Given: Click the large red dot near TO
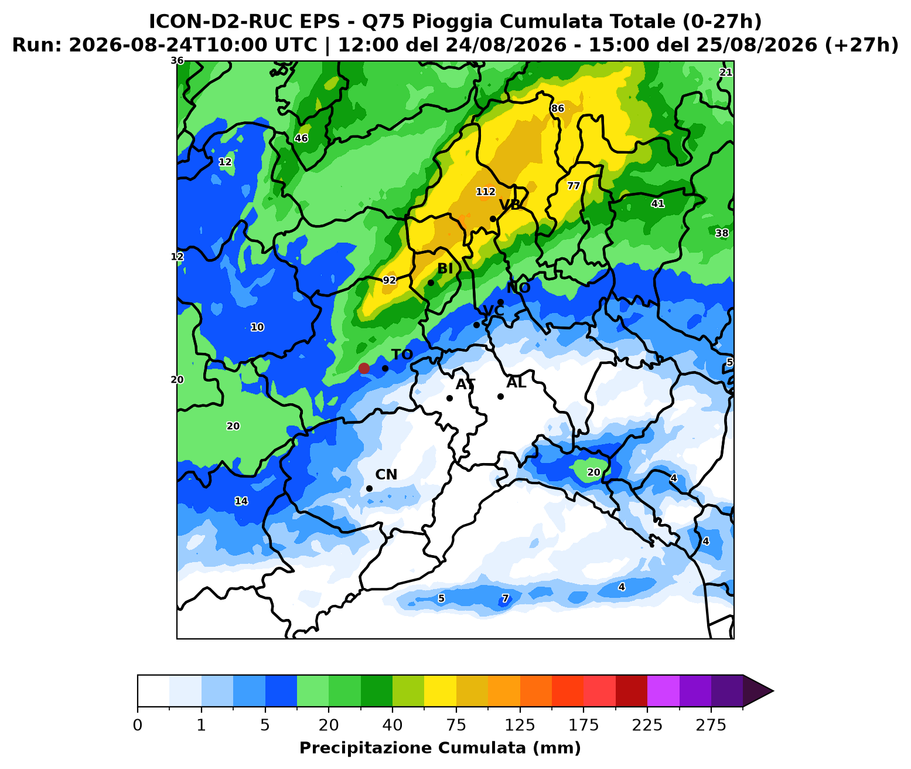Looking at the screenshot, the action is click(364, 368).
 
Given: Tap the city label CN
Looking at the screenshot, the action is click(386, 474).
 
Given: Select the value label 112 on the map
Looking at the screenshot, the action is click(486, 192).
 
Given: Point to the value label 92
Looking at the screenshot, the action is click(389, 280).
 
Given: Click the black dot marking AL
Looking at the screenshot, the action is click(500, 397).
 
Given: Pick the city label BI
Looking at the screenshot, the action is click(445, 268).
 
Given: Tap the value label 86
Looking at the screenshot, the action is click(558, 108).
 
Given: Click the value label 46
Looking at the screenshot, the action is click(301, 138).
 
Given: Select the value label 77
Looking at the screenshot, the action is click(574, 186).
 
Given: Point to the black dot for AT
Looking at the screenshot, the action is click(449, 398).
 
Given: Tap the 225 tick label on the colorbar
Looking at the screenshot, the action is click(647, 726).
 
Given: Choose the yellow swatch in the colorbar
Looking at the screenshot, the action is click(440, 690).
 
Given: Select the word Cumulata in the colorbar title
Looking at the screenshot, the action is click(482, 748).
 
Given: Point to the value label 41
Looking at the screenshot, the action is click(657, 203).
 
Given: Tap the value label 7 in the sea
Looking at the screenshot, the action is click(505, 598).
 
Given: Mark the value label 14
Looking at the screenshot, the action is click(241, 501).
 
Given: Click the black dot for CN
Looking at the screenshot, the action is click(369, 488).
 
